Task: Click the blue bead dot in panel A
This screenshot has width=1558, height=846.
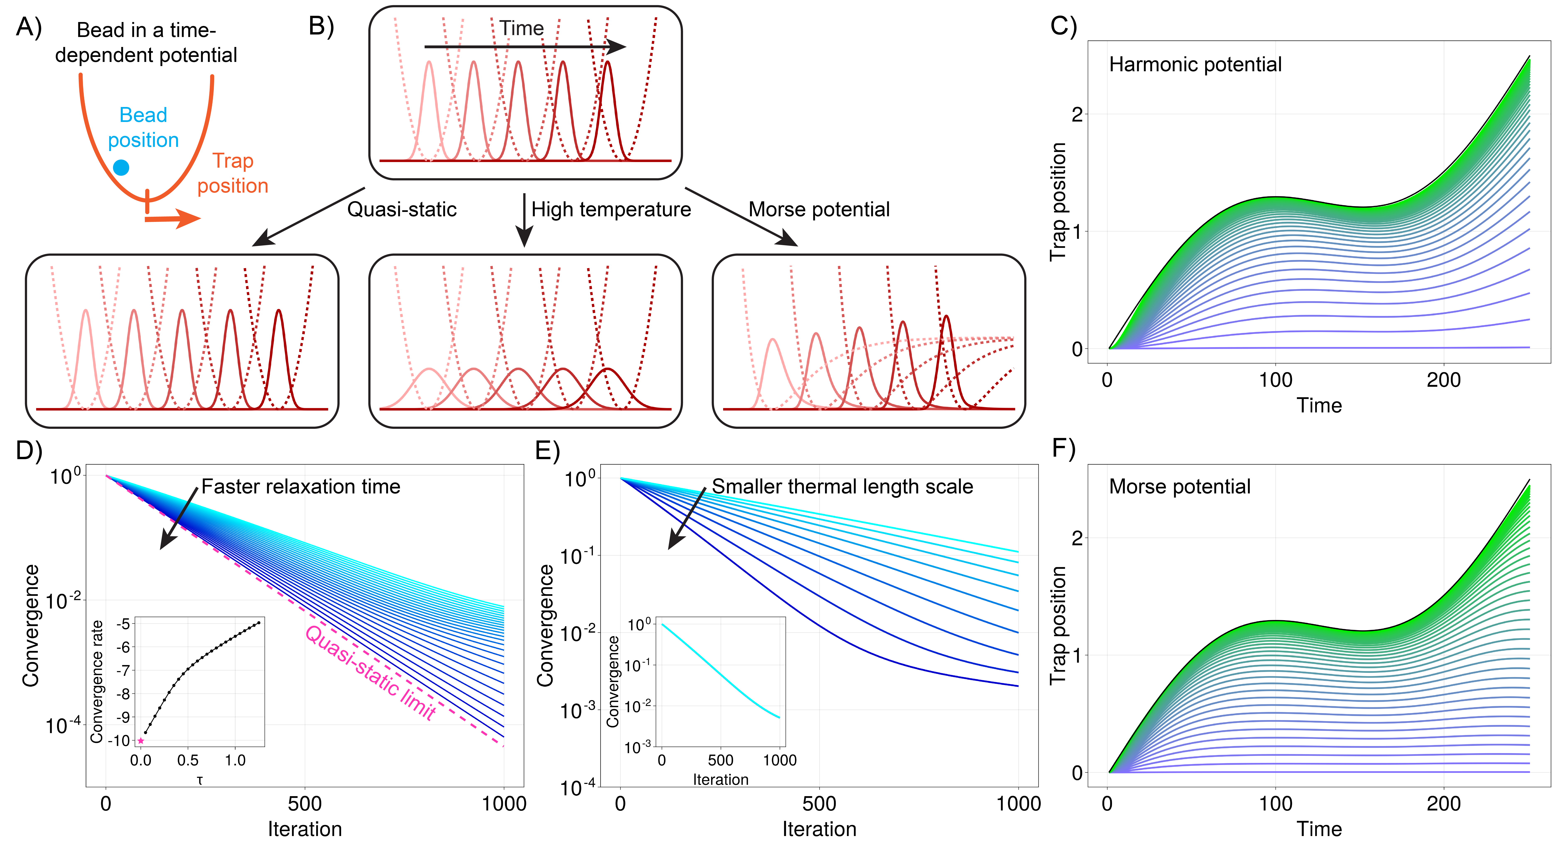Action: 121,167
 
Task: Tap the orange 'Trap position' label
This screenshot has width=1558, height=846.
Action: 233,173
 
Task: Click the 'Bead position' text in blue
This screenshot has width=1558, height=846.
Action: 143,128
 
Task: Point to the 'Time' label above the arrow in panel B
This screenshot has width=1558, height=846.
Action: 521,28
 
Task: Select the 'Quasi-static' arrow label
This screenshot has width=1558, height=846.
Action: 402,209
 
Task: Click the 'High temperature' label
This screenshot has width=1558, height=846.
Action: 611,209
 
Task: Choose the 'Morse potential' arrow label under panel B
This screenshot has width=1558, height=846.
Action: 819,209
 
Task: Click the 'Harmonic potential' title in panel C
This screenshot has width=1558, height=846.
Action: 1195,64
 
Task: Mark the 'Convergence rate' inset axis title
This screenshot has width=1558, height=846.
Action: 97,681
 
